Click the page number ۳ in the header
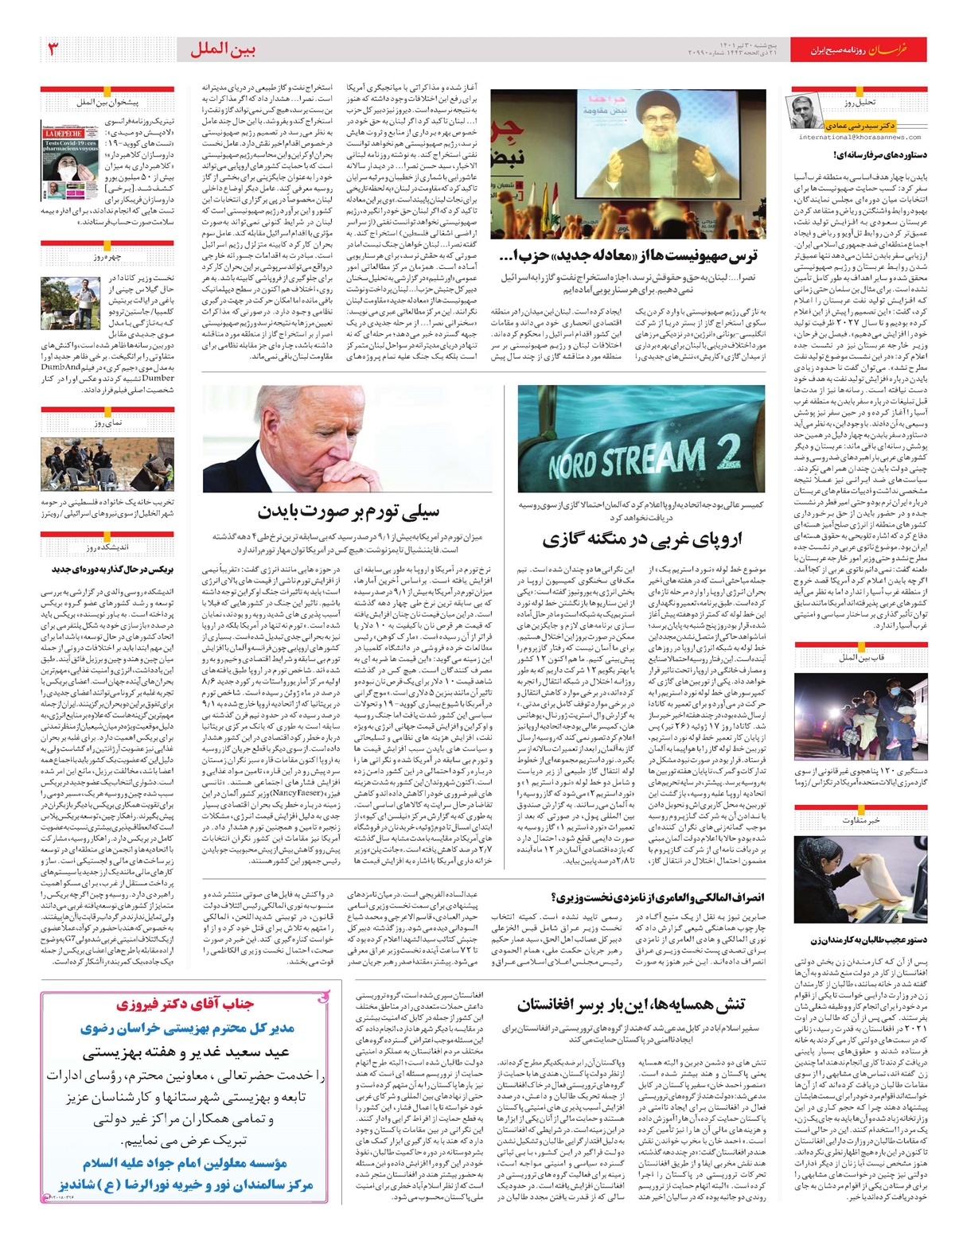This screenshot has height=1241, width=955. pyautogui.click(x=53, y=49)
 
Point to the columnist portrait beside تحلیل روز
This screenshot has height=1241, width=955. pyautogui.click(x=801, y=111)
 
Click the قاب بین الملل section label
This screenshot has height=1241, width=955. pyautogui.click(x=862, y=657)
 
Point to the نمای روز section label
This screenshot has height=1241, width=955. pyautogui.click(x=107, y=423)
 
